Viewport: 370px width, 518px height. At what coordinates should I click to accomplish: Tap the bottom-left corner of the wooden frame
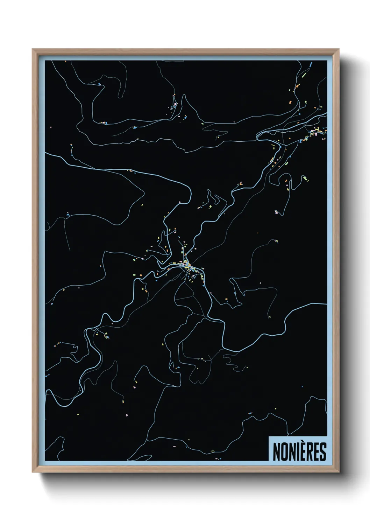pos(33,472)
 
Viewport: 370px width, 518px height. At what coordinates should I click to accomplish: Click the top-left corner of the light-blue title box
pos(269,436)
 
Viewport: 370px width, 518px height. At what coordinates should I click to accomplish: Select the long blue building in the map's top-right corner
pos(310,64)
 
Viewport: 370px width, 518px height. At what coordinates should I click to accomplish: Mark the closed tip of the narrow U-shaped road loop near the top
pos(120,97)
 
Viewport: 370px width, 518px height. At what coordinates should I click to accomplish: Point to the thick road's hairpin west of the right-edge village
pos(258,136)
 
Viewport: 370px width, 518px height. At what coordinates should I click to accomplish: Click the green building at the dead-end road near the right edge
pos(306,178)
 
